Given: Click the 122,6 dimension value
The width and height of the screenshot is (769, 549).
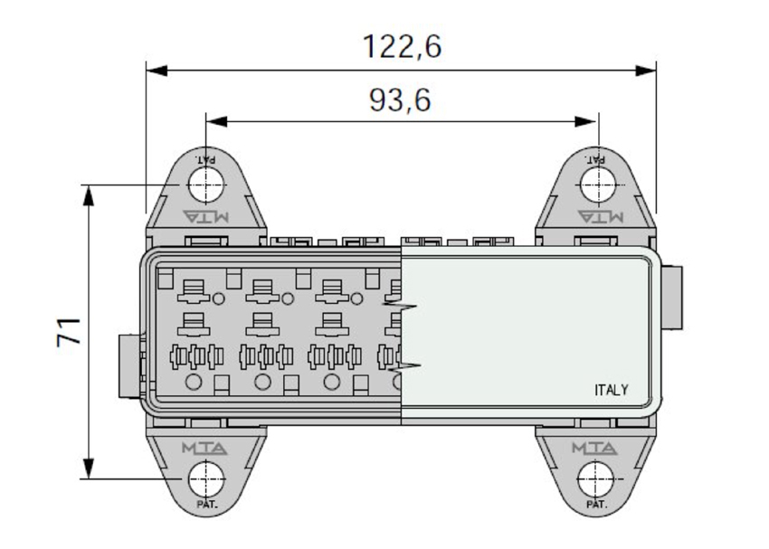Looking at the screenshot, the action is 402,46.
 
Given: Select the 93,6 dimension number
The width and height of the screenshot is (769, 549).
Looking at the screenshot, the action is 400,100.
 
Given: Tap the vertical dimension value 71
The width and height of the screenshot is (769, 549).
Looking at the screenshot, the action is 69,332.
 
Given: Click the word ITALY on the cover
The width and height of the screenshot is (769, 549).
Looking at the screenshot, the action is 611,390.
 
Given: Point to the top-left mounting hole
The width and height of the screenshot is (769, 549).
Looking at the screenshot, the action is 206,185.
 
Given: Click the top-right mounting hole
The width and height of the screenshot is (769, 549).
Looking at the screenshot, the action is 598,185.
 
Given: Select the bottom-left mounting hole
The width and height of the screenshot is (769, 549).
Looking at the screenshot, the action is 206,478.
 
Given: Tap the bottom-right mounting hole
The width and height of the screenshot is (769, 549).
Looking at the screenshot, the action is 596,478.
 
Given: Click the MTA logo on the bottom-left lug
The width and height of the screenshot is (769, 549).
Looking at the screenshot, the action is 204,448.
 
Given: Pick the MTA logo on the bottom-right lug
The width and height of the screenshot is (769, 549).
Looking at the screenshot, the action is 595,448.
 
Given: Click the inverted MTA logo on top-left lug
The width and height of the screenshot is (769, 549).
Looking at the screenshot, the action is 206,216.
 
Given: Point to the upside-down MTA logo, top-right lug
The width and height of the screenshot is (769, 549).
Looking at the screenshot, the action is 601,216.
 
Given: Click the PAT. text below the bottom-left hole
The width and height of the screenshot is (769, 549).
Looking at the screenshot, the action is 207,505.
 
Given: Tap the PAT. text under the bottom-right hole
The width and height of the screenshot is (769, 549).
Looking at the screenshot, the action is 596,505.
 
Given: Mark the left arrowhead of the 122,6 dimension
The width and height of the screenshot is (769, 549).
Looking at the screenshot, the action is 157,71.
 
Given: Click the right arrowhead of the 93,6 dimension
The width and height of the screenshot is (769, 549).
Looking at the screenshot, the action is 586,121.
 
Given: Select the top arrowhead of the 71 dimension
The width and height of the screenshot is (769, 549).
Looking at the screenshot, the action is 89,196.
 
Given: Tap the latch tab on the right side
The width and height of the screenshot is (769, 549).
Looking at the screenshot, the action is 672,298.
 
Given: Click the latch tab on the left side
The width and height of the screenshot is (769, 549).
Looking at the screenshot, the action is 129,365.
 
